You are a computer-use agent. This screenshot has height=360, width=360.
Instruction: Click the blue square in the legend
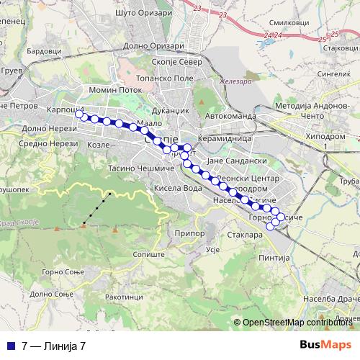[13, 345]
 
